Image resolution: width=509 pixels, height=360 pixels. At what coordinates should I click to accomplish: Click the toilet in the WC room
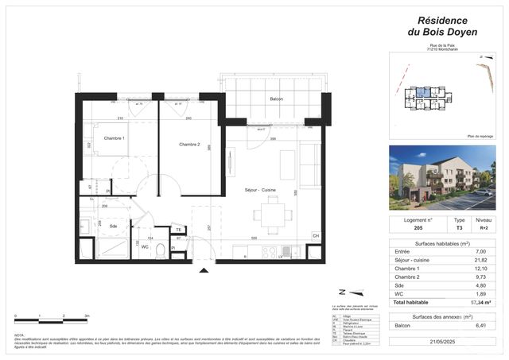[160, 250]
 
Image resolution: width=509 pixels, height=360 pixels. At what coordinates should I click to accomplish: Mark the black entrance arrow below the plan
[204, 271]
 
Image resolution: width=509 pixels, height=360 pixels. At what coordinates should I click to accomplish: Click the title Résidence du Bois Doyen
[442, 26]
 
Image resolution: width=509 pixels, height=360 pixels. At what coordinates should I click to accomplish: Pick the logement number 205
[417, 226]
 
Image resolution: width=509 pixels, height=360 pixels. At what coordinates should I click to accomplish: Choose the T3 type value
[458, 226]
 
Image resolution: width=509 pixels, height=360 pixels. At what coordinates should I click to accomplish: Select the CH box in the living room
[316, 236]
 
